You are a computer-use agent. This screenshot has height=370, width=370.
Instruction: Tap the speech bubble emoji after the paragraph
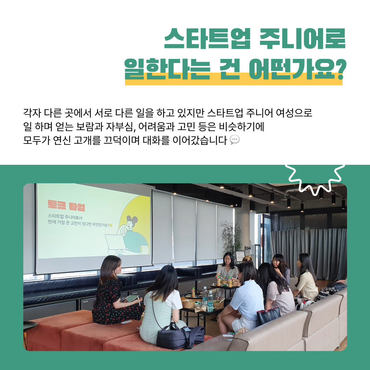(235, 139)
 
